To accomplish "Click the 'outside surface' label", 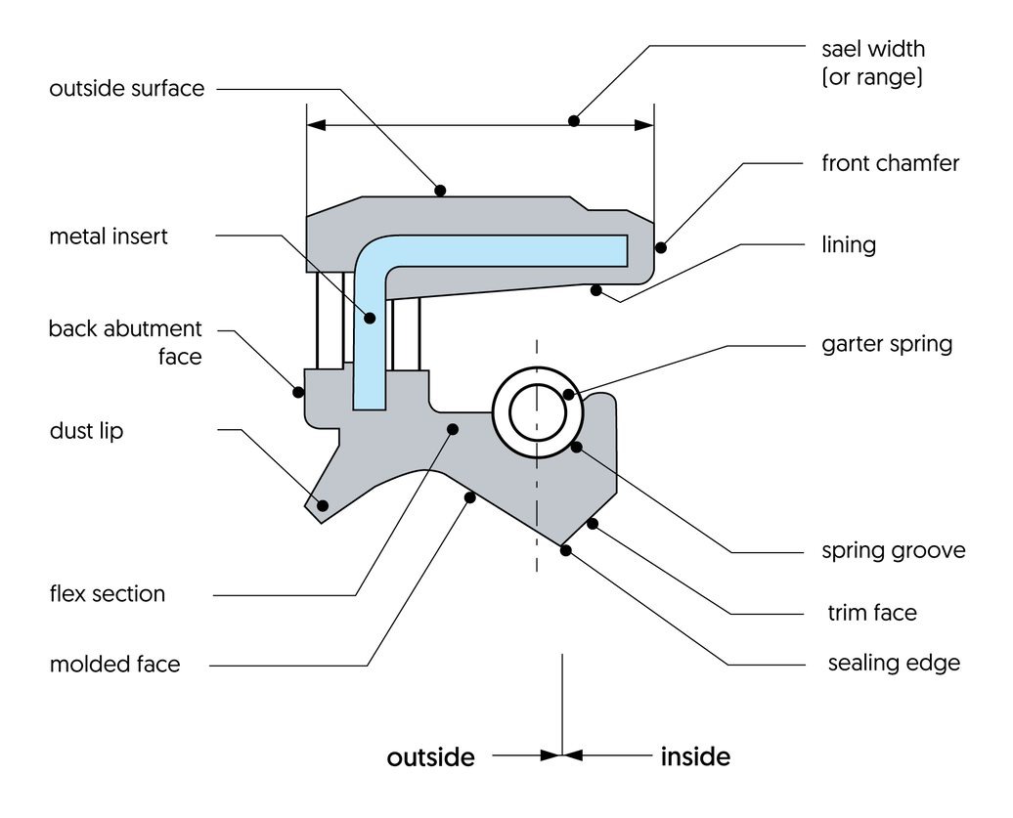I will pyautogui.click(x=127, y=89).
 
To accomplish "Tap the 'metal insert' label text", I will pyautogui.click(x=109, y=237).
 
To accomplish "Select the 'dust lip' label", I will pyautogui.click(x=86, y=431).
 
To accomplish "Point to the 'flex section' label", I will pyautogui.click(x=108, y=594).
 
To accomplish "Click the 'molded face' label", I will pyautogui.click(x=115, y=665).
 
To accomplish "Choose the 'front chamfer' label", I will pyautogui.click(x=890, y=163).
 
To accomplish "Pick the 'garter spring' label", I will pyautogui.click(x=886, y=344).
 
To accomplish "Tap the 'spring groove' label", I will pyautogui.click(x=893, y=550).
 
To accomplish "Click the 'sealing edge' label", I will pyautogui.click(x=894, y=664).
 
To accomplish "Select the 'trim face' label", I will pyautogui.click(x=872, y=613).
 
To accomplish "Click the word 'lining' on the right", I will pyautogui.click(x=848, y=244).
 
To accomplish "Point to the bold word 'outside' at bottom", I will pyautogui.click(x=430, y=757).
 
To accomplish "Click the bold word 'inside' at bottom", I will pyautogui.click(x=695, y=756).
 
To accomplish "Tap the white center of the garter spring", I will pyautogui.click(x=537, y=412).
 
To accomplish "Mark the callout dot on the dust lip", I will pyautogui.click(x=323, y=504).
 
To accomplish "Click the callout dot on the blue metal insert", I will pyautogui.click(x=371, y=317).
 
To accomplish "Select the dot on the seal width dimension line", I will pyautogui.click(x=574, y=121).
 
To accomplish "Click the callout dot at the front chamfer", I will pyautogui.click(x=660, y=246).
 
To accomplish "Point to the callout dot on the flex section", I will pyautogui.click(x=452, y=428).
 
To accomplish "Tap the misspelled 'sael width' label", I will pyautogui.click(x=872, y=49).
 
